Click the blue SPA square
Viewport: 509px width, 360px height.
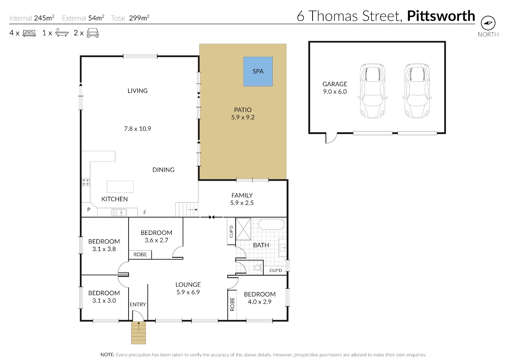point(258,72)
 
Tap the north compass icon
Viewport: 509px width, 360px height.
point(488,23)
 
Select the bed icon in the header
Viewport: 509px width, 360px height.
point(29,33)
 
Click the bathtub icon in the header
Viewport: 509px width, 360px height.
point(62,33)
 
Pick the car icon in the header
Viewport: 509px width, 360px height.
point(93,33)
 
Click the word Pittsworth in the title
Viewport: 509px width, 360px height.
point(441,16)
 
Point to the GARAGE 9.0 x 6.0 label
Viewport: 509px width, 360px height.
point(335,88)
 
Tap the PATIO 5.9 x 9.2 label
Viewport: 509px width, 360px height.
point(243,114)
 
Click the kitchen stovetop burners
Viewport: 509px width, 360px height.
point(86,182)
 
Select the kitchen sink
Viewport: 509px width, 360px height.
point(119,212)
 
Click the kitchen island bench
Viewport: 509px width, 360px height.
point(120,187)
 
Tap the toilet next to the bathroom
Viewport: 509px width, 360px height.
point(257,268)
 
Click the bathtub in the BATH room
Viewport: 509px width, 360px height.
point(271,224)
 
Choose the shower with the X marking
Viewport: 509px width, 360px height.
point(243,229)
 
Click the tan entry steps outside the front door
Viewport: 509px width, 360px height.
point(138,333)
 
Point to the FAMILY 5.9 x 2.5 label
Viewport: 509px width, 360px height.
point(242,199)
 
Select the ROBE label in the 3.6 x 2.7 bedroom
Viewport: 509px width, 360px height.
point(140,254)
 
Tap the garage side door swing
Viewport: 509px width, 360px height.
point(331,138)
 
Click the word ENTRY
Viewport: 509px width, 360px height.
point(138,304)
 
